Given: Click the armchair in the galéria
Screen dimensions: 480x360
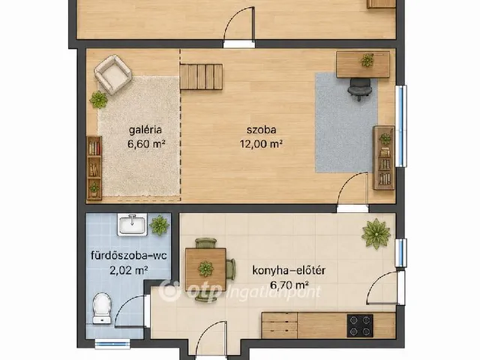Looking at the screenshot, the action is [x=112, y=74].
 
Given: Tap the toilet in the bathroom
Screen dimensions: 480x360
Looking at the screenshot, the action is [x=102, y=308].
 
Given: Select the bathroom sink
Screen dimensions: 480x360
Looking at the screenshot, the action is [x=132, y=224].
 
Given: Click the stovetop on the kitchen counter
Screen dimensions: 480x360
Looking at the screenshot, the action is [x=360, y=325].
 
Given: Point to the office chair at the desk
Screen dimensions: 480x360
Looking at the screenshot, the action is [x=360, y=88].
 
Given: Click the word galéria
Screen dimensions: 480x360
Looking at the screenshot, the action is [x=145, y=130].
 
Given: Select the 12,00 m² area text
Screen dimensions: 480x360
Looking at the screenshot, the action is [x=261, y=143].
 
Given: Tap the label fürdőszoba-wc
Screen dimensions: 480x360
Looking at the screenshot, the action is [x=129, y=255].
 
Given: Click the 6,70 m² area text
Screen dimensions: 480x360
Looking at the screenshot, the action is [x=289, y=285].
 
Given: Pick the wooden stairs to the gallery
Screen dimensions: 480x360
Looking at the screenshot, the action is [x=201, y=76].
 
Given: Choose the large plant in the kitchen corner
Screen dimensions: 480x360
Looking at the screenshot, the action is [x=376, y=233].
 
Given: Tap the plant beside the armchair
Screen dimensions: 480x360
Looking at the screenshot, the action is [x=98, y=100].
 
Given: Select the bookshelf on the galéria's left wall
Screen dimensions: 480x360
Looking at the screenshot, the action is [x=94, y=168].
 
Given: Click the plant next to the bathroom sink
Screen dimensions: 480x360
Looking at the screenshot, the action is [x=159, y=225].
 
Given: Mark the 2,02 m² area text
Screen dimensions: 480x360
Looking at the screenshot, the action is [x=129, y=270].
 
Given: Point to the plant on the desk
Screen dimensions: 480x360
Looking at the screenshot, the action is [x=367, y=60].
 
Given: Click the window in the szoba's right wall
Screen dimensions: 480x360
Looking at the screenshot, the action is [x=400, y=126].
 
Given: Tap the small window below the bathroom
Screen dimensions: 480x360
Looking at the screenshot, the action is [x=112, y=343].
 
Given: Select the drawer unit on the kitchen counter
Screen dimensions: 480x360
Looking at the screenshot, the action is [x=280, y=325].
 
